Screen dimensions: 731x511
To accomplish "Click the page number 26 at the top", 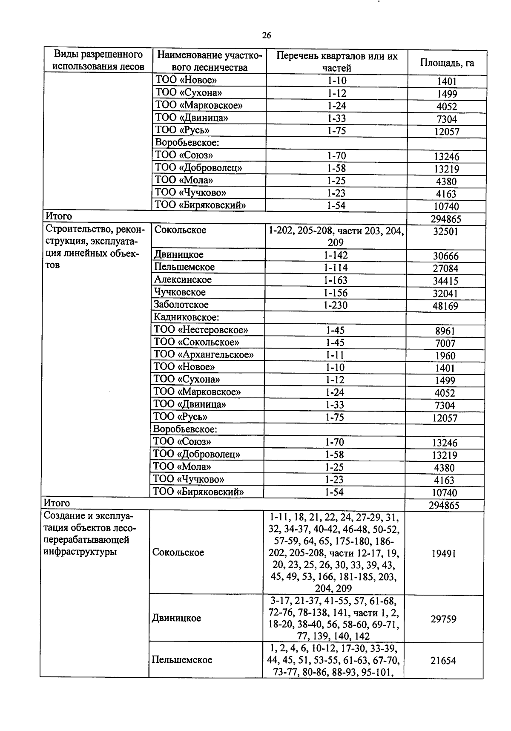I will pyautogui.click(x=267, y=35).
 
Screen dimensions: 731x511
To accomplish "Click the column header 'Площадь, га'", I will pyautogui.click(x=447, y=63).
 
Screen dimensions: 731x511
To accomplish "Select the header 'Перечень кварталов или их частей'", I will pyautogui.click(x=336, y=62).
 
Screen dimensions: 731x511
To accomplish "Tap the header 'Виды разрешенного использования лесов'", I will pyautogui.click(x=98, y=60).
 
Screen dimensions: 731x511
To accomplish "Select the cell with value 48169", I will pyautogui.click(x=445, y=306).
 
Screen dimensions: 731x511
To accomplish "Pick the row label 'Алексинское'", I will pyautogui.click(x=183, y=280).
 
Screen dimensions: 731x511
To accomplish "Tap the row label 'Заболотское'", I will pyautogui.click(x=181, y=305).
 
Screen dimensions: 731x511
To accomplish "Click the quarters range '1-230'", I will pyautogui.click(x=336, y=305).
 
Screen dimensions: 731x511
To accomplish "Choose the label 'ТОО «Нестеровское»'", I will pyautogui.click(x=201, y=330).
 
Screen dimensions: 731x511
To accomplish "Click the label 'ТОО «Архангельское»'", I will pyautogui.click(x=204, y=354).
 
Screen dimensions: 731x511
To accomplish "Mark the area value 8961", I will pyautogui.click(x=445, y=331).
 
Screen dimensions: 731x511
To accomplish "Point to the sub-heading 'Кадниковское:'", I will pyautogui.click(x=187, y=317).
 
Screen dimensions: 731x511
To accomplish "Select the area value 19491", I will pyautogui.click(x=443, y=553).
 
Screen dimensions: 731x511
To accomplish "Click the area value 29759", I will pyautogui.click(x=443, y=619).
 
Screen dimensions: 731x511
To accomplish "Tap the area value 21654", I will pyautogui.click(x=443, y=661).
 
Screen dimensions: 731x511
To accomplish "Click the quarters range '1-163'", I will pyautogui.click(x=336, y=280).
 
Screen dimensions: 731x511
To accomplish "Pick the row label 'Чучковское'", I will pyautogui.click(x=180, y=292).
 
